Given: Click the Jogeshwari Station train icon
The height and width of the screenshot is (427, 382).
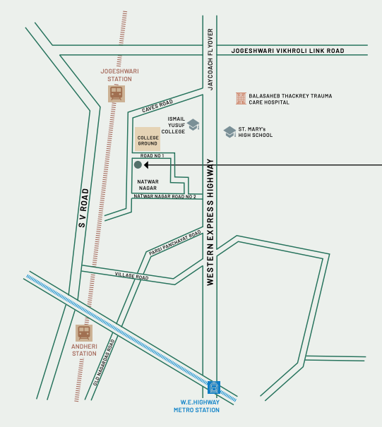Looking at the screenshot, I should tap(117, 92).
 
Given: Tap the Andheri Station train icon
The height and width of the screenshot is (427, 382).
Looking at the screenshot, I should tap(84, 332).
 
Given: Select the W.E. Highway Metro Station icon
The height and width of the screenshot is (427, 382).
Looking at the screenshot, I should tap(214, 387).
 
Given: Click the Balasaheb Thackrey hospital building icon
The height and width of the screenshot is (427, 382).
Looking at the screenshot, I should tap(241, 98).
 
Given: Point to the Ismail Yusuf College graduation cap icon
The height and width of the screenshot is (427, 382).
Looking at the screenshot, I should tap(193, 124).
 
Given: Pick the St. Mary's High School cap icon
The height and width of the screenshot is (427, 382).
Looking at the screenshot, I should tap(229, 131).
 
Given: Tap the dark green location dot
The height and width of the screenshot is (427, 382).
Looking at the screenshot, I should tap(138, 164).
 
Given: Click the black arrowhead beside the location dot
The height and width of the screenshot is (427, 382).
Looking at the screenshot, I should tap(147, 164).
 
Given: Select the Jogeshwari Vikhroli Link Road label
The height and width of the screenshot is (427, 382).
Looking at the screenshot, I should tap(288, 51).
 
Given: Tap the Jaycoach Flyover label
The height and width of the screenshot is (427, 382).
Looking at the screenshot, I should tap(210, 60).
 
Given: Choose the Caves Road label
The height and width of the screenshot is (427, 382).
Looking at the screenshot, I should tap(157, 107).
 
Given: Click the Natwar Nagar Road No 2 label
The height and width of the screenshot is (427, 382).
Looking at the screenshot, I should tap(163, 196).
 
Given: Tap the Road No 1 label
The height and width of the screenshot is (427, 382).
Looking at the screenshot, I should tap(152, 155).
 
